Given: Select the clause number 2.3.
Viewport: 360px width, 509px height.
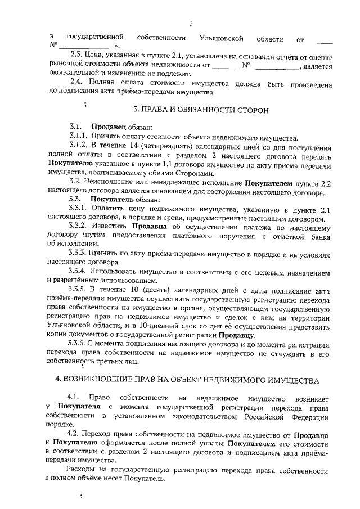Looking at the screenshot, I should (76, 56).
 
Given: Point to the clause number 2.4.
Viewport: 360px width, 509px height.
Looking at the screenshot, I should (76, 83).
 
